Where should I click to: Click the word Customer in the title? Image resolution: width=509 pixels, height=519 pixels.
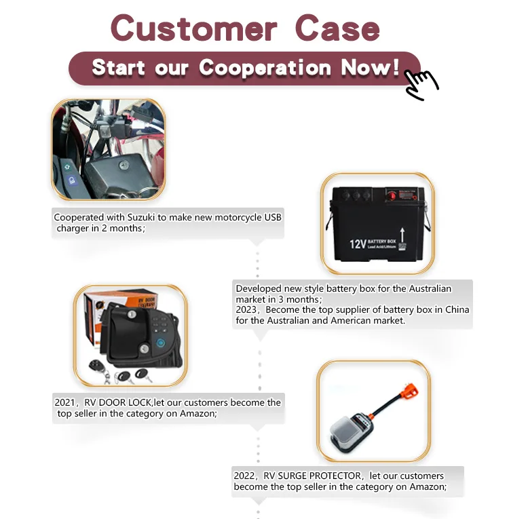193,28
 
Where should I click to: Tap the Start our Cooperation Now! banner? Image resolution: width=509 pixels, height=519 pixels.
244,68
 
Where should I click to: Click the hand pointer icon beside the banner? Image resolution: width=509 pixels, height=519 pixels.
420,85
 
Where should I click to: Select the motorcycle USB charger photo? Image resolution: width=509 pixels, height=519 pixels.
108,149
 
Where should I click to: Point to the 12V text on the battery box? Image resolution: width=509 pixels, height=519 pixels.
358,244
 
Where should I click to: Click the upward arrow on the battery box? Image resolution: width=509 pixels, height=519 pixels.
402,237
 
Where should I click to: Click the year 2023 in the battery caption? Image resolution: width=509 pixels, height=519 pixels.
246,309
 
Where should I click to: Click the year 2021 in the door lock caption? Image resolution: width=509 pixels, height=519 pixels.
65,402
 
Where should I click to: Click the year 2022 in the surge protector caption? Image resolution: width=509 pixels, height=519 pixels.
245,476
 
